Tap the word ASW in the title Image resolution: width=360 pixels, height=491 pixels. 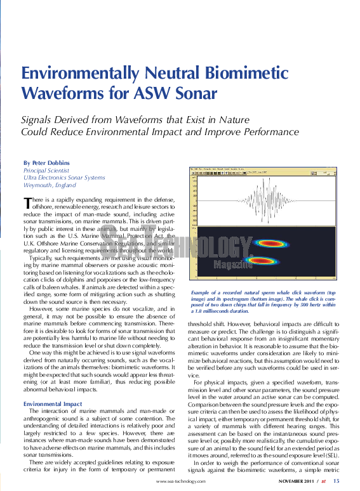pyautogui.click(x=136, y=93)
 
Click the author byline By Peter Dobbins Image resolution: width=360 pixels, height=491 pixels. pyautogui.click(x=46, y=163)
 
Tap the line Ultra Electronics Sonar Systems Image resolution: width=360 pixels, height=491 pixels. pyautogui.click(x=64, y=178)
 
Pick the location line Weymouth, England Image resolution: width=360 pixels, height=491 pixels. pyautogui.click(x=50, y=186)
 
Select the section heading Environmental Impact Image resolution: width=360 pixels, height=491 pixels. pyautogui.click(x=52, y=404)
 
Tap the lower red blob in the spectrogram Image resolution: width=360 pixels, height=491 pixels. pyautogui.click(x=236, y=261)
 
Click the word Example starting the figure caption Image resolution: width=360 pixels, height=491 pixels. pyautogui.click(x=201, y=292)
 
